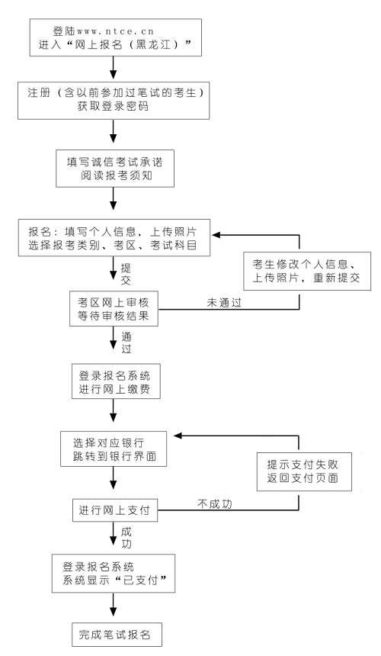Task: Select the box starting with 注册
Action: tap(114, 101)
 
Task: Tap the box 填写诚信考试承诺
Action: tap(115, 168)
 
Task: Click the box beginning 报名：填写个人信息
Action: tap(114, 238)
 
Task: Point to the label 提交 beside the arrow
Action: tap(126, 275)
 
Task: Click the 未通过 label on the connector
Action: tap(224, 303)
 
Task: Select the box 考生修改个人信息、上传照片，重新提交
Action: tap(307, 271)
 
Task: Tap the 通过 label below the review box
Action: tap(126, 343)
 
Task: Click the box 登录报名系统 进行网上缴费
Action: tap(116, 381)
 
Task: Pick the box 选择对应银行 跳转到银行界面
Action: tap(114, 449)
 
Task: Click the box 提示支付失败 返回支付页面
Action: tap(304, 471)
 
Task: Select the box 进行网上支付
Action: tap(115, 510)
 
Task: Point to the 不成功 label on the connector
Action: tap(214, 504)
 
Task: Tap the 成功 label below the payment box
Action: tap(126, 538)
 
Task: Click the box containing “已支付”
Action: tap(114, 574)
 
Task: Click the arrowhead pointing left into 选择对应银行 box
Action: tap(178, 436)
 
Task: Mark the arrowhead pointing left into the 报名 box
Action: tap(216, 235)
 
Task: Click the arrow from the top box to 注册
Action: tap(114, 68)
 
